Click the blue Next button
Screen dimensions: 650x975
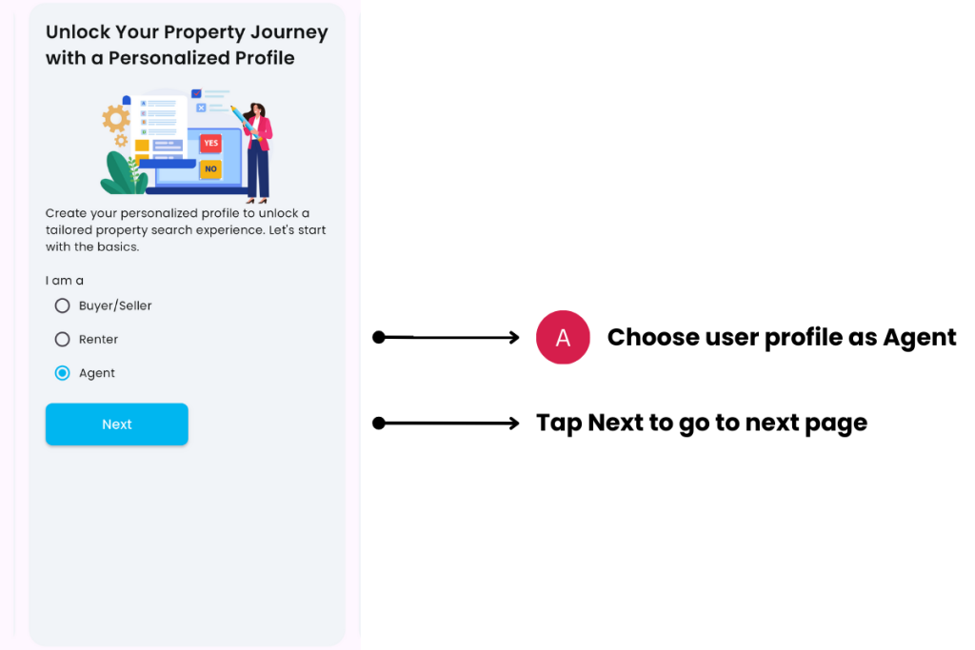coord(116,424)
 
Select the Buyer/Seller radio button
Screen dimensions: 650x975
coord(63,305)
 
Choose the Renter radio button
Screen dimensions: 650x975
coord(63,339)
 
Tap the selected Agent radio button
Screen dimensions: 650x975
coord(63,373)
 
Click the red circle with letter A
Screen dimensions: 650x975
coord(563,337)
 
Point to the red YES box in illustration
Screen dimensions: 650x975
coord(210,144)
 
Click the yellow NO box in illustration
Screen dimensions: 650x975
coord(210,169)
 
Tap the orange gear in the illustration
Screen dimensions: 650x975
coord(116,119)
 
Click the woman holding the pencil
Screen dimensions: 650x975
coord(257,152)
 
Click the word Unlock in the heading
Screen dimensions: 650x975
coord(77,32)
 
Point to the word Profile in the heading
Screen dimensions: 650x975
coord(261,58)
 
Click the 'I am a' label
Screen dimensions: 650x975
coord(65,281)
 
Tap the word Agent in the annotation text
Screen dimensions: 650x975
coord(919,338)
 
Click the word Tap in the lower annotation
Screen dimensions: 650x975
coord(559,423)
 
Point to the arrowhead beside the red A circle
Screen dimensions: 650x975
coord(514,337)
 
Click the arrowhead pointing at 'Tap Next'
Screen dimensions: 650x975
coord(514,423)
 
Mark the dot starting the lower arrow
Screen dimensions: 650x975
coord(379,423)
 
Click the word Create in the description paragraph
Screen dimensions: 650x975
coord(67,213)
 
